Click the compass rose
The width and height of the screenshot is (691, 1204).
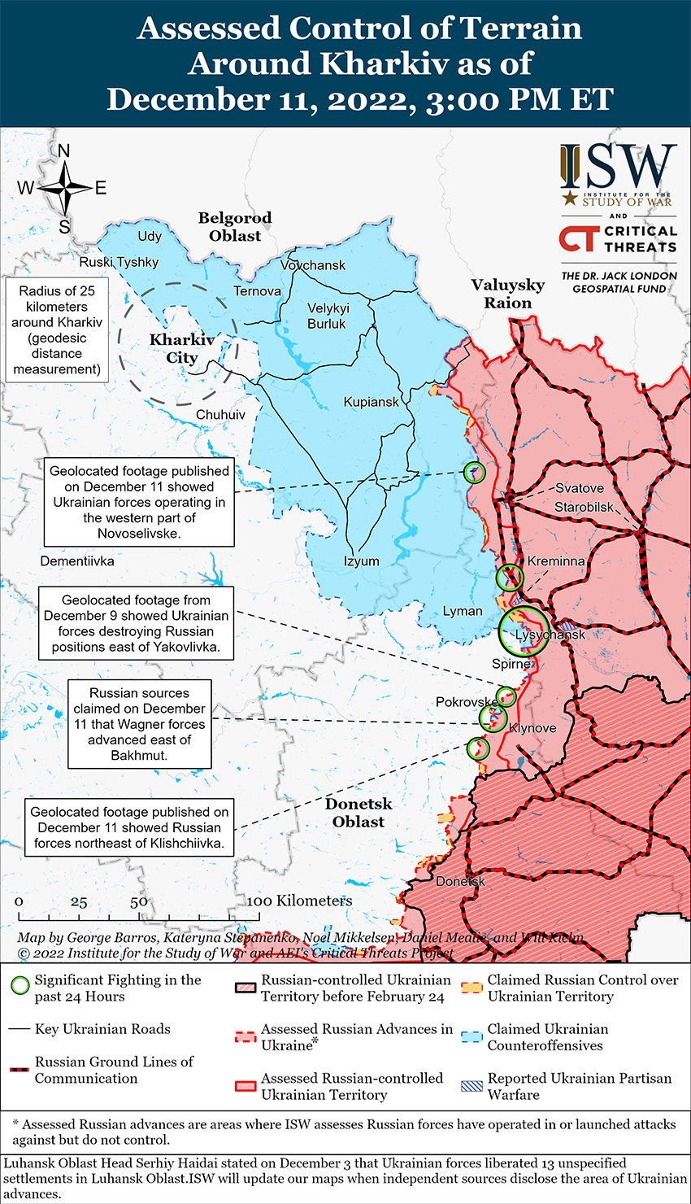pyautogui.click(x=64, y=189)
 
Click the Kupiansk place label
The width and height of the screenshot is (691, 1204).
pyautogui.click(x=372, y=402)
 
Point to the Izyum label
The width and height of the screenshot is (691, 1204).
pyautogui.click(x=361, y=561)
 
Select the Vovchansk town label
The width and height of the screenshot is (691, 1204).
pyautogui.click(x=313, y=265)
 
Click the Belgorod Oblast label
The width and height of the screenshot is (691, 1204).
pyautogui.click(x=235, y=227)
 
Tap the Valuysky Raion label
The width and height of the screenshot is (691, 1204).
pyautogui.click(x=508, y=294)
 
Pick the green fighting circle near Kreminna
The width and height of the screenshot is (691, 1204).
pyautogui.click(x=509, y=577)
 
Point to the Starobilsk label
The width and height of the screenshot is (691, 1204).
pyautogui.click(x=585, y=508)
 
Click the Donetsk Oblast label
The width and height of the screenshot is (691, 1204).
pyautogui.click(x=359, y=813)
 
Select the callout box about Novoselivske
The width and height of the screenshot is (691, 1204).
pyautogui.click(x=139, y=502)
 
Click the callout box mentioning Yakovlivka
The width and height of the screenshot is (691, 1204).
pyautogui.click(x=137, y=624)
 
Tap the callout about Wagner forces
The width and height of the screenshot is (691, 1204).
pyautogui.click(x=139, y=724)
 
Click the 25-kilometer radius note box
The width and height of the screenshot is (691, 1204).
pyautogui.click(x=57, y=330)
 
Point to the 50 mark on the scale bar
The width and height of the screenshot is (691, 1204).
pyautogui.click(x=139, y=901)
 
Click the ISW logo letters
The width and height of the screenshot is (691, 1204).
pyautogui.click(x=618, y=167)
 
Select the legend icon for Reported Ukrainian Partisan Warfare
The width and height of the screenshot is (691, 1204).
pyautogui.click(x=472, y=1086)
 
